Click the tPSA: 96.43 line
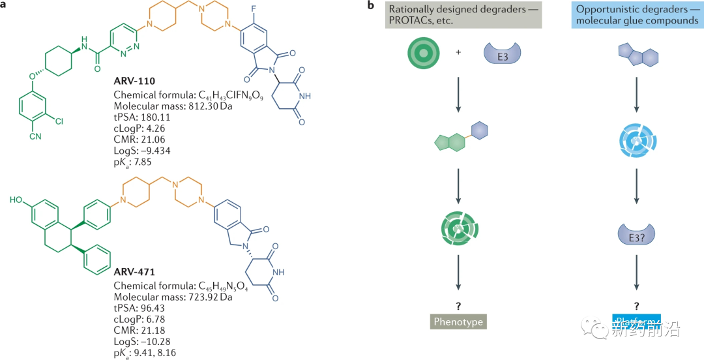pyautogui.click(x=140, y=308)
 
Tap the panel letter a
pyautogui.click(x=5, y=6)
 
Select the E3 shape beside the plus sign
pyautogui.click(x=500, y=52)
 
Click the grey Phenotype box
pyautogui.click(x=459, y=322)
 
